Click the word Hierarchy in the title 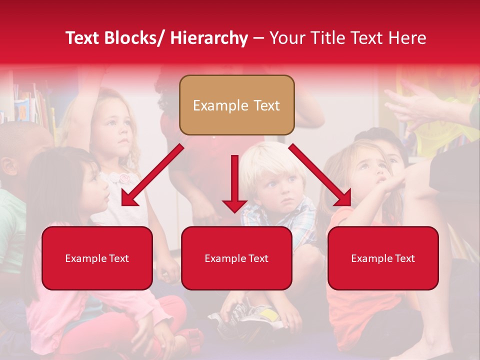209,38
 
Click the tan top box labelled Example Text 236,105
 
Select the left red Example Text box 97,258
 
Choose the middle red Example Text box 236,258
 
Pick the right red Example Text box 383,258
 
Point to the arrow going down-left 150,176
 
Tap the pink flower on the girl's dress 123,177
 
